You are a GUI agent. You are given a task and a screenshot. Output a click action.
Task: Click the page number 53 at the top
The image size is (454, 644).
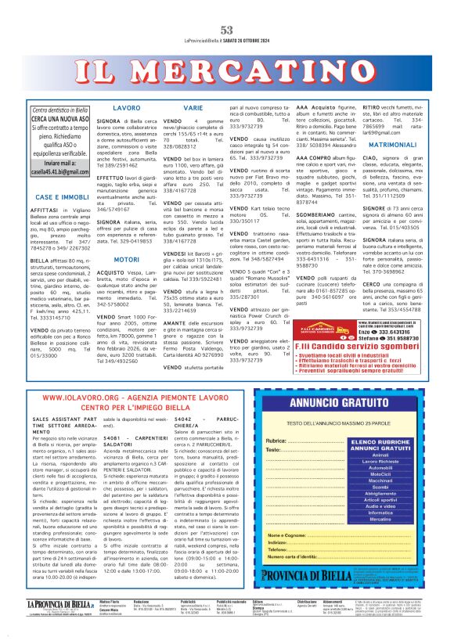[x=227, y=30]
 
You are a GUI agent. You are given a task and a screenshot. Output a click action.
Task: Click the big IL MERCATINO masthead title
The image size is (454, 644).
[x=227, y=74]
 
